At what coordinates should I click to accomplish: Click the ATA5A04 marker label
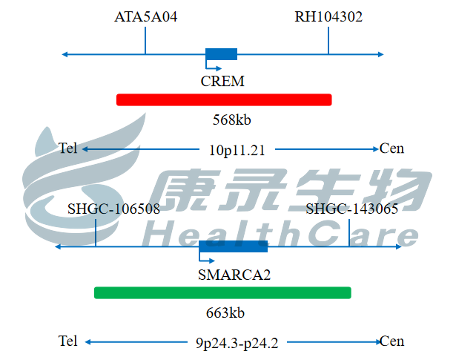pyautogui.click(x=146, y=16)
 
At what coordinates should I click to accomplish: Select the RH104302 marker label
pyautogui.click(x=328, y=16)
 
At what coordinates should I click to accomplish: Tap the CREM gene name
pyautogui.click(x=222, y=81)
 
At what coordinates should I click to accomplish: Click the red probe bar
pyautogui.click(x=224, y=99)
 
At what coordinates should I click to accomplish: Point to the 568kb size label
pyautogui.click(x=232, y=120)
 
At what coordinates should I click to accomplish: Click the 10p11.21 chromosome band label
pyautogui.click(x=237, y=150)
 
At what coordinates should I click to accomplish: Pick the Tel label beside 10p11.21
pyautogui.click(x=67, y=148)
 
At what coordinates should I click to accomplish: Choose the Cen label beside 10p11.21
pyautogui.click(x=391, y=148)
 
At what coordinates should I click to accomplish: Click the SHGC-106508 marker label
pyautogui.click(x=113, y=209)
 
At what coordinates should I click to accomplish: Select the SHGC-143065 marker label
pyautogui.click(x=352, y=209)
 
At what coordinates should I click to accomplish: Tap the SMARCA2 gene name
pyautogui.click(x=234, y=275)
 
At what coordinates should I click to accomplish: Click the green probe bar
pyautogui.click(x=222, y=292)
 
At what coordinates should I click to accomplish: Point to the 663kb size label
pyautogui.click(x=225, y=312)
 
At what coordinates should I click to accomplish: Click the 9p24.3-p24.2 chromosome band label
pyautogui.click(x=237, y=343)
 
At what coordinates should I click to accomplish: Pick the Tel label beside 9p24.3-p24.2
pyautogui.click(x=67, y=341)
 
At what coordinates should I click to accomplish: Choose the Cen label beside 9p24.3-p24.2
pyautogui.click(x=391, y=341)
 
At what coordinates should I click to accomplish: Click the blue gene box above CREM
pyautogui.click(x=221, y=54)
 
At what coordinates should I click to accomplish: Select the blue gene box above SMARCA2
pyautogui.click(x=234, y=246)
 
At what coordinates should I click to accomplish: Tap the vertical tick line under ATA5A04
pyautogui.click(x=145, y=40)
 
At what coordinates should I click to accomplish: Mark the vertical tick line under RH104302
pyautogui.click(x=328, y=40)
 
